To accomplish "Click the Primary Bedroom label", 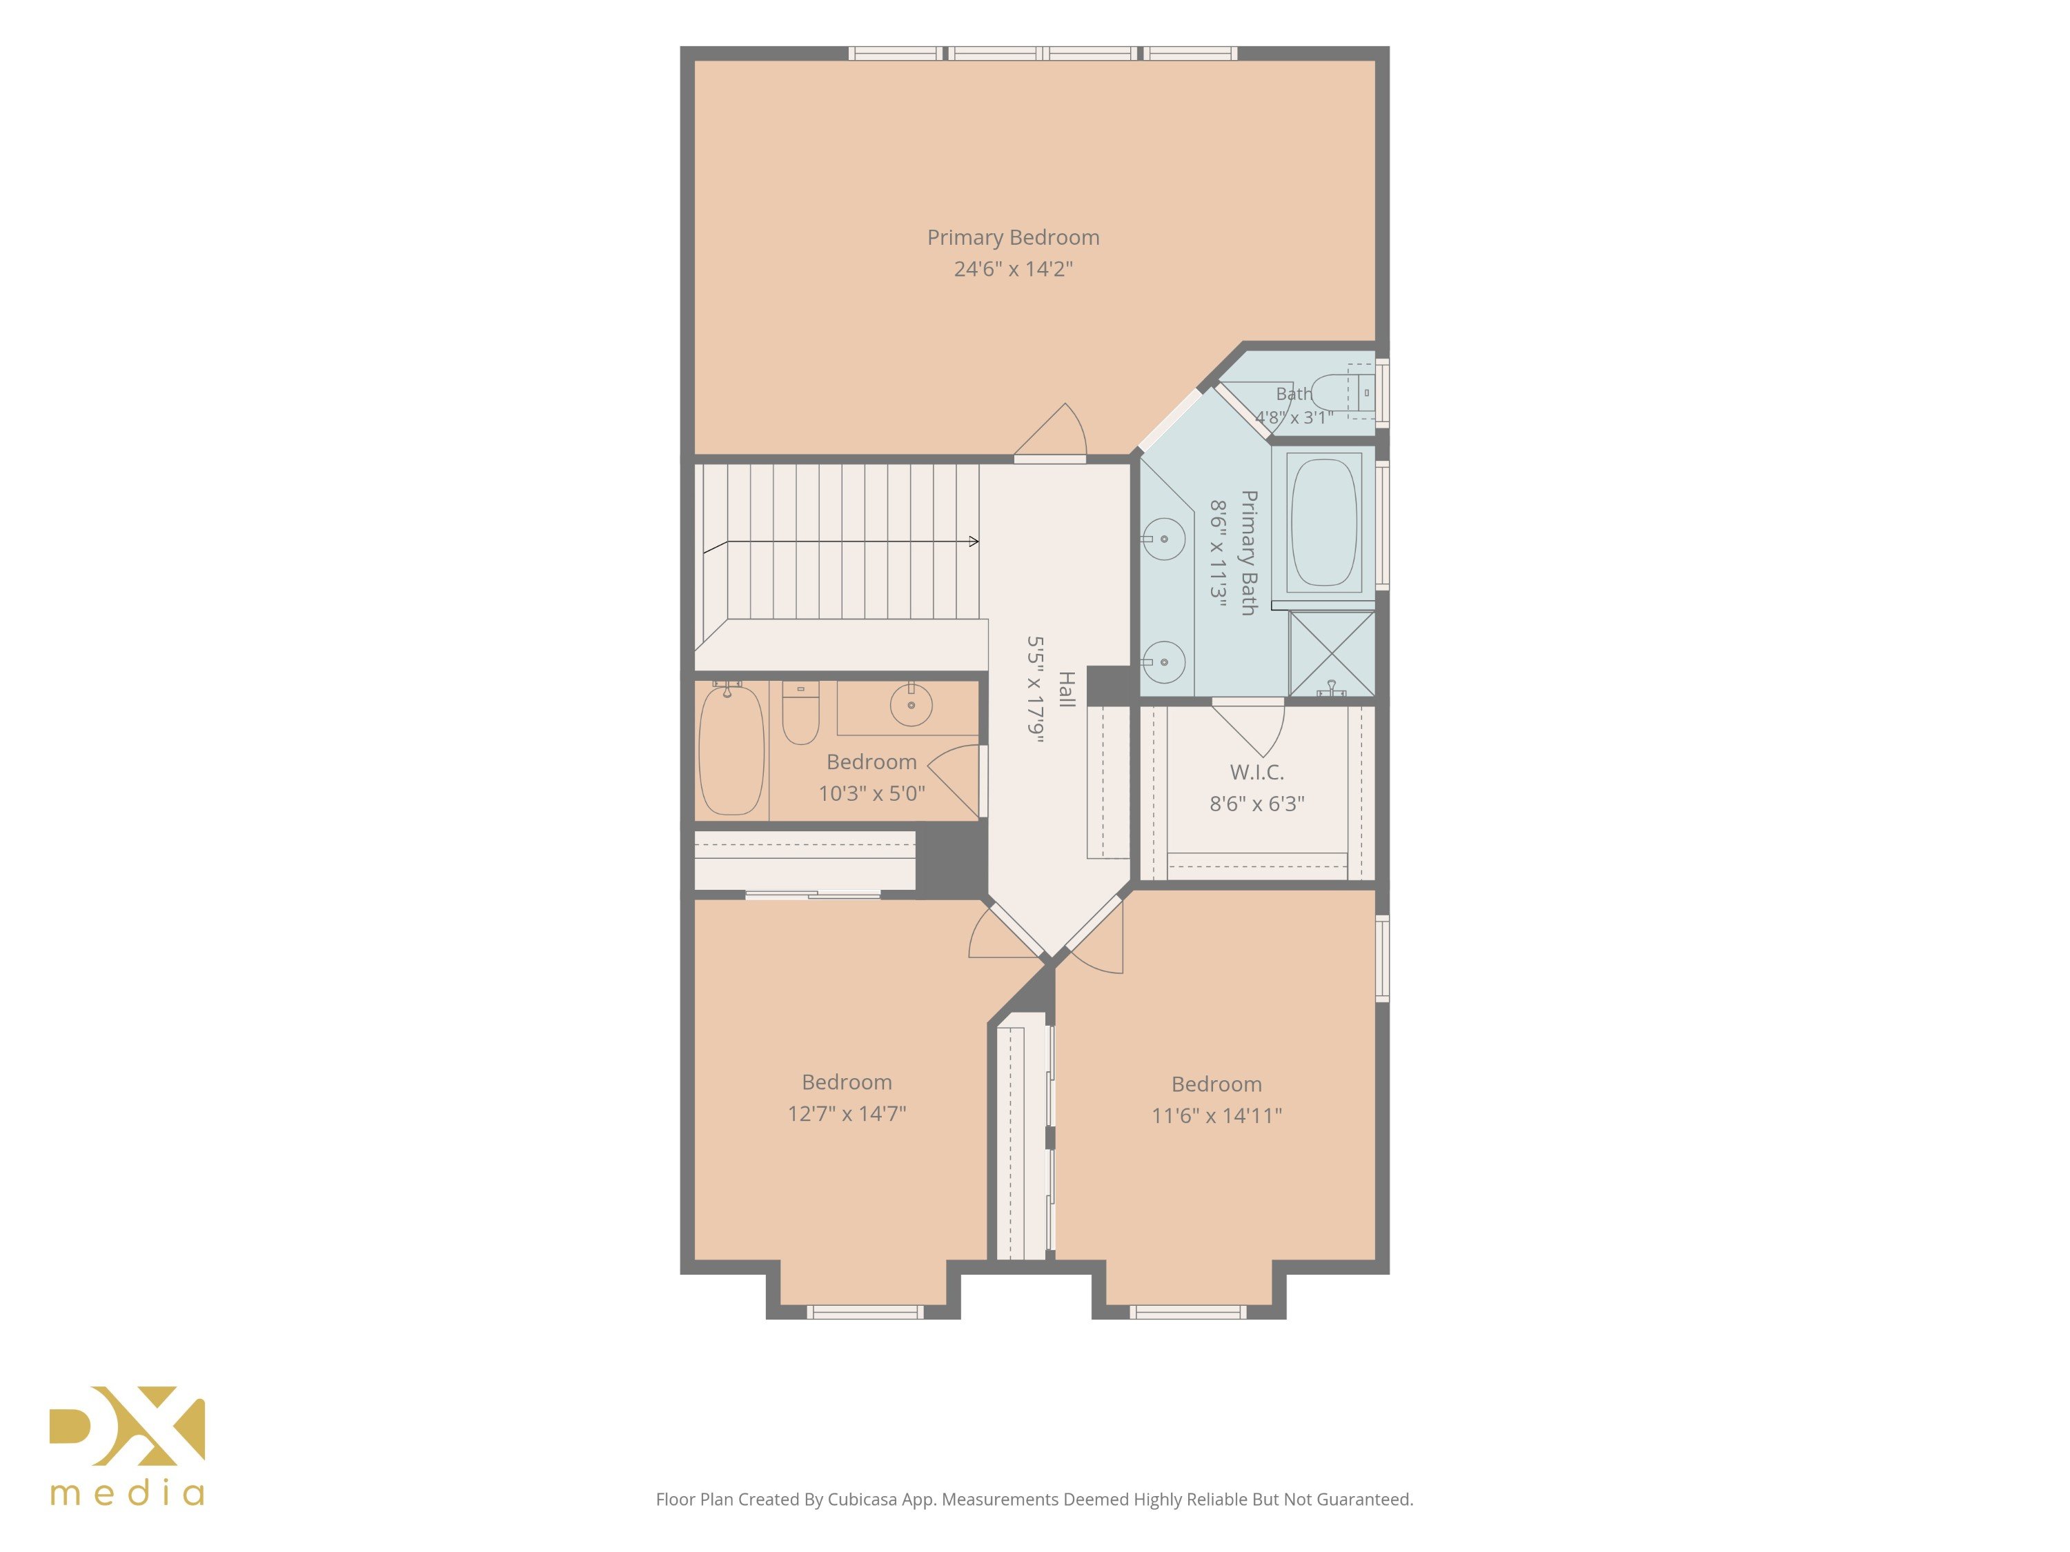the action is click(x=1014, y=237).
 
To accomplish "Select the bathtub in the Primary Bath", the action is click(x=1324, y=522).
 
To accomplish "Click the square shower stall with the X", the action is click(x=1332, y=653).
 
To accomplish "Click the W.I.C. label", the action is click(x=1256, y=773).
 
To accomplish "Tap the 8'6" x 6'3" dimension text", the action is click(x=1256, y=804).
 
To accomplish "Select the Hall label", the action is click(x=1066, y=690).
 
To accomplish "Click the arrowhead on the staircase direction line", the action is click(x=974, y=541).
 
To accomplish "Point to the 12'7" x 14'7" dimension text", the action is click(x=847, y=1113).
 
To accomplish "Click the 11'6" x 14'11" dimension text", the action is click(x=1216, y=1115).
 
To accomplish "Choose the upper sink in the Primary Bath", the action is click(x=1164, y=539).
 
